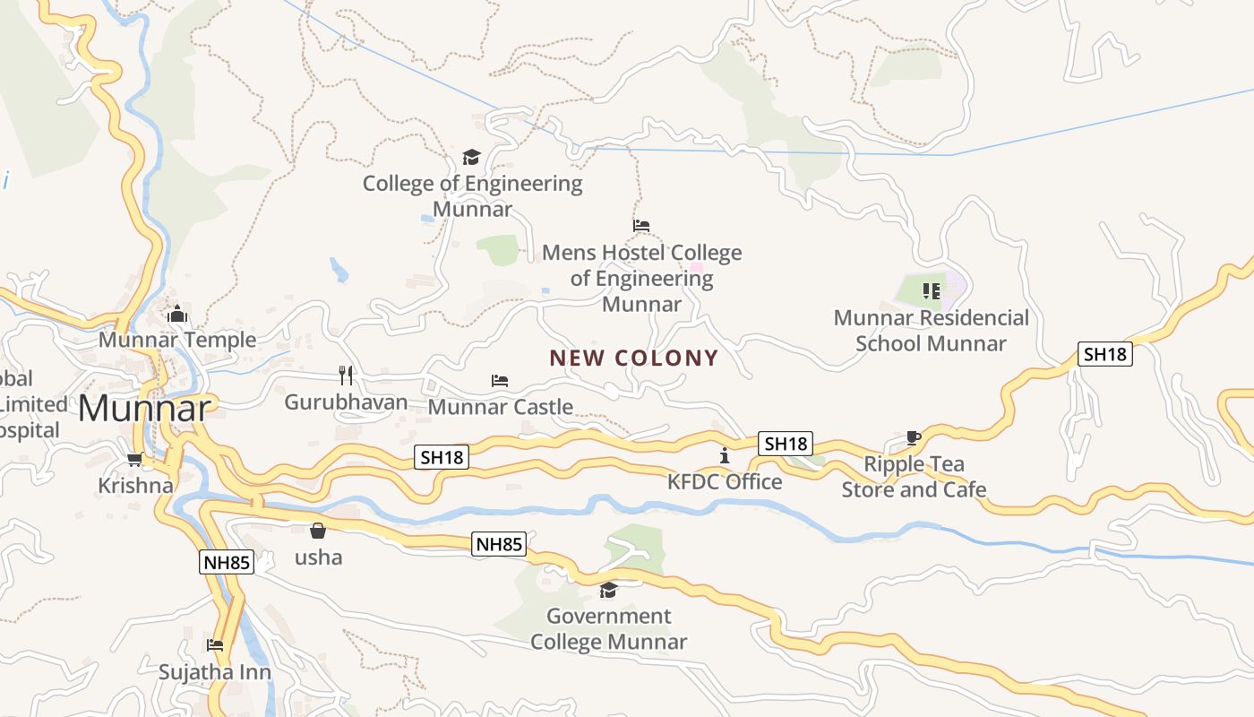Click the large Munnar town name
144,409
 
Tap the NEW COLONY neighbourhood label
634,358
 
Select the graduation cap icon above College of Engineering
471,158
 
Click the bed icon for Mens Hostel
641,226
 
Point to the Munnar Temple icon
177,315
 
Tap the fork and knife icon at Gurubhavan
346,375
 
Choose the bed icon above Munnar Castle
500,381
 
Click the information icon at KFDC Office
725,456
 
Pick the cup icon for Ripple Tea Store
913,437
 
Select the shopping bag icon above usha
318,531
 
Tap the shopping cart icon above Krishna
135,460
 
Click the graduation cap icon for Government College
609,590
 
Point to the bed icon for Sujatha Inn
215,645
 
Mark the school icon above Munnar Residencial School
932,290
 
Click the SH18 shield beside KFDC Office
786,443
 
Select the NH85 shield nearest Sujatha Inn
227,563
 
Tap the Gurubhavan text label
346,402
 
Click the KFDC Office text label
725,482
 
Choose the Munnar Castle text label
501,407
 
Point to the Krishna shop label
135,486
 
